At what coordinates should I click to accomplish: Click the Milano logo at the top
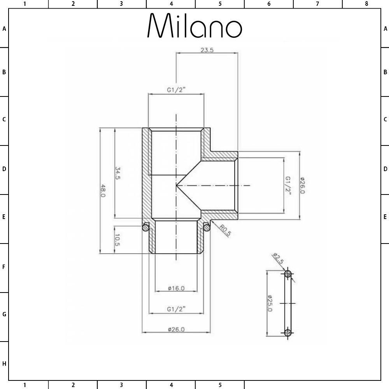click(194, 26)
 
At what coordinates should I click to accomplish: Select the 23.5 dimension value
click(207, 50)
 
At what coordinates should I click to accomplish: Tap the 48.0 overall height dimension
click(103, 191)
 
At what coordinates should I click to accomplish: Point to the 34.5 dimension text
click(117, 173)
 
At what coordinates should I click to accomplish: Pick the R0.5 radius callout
click(225, 231)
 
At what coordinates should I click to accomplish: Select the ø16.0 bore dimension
click(176, 288)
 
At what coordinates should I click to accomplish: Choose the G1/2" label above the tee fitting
click(176, 90)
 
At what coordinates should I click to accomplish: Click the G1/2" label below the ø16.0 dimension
click(176, 309)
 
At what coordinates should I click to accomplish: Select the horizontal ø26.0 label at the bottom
click(176, 329)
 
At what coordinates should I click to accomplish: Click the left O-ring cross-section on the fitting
click(145, 227)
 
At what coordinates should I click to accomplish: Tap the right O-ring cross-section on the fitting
click(207, 227)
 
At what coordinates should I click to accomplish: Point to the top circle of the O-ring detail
click(288, 274)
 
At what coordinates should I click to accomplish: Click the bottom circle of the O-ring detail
click(288, 333)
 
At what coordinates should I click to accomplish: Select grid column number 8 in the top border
click(366, 4)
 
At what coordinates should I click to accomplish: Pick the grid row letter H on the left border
click(4, 364)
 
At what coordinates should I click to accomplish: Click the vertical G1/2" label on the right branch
click(288, 186)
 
